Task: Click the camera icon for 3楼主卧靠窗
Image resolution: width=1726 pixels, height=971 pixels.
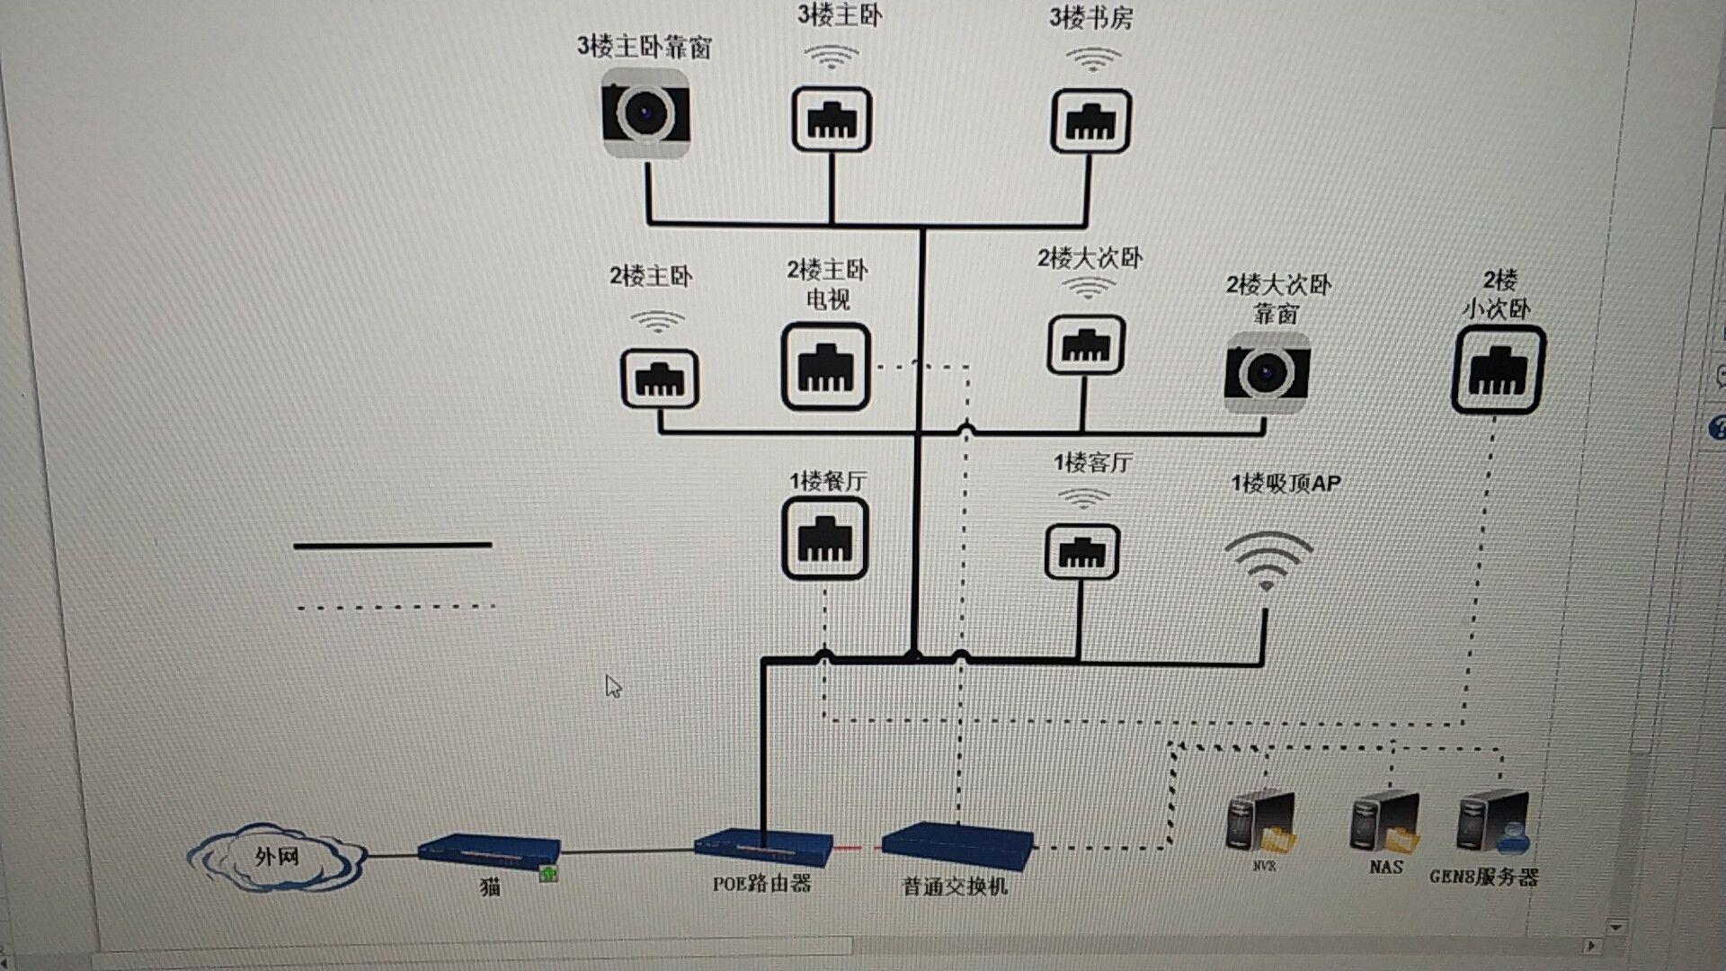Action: tap(645, 113)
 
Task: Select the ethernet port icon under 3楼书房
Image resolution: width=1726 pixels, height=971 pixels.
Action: tap(1090, 120)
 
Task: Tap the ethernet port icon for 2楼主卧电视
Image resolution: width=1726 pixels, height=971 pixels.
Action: tap(825, 367)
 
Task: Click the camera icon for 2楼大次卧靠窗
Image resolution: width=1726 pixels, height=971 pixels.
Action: tap(1266, 370)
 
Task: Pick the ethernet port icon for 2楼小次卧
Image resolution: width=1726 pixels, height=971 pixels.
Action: tap(1498, 370)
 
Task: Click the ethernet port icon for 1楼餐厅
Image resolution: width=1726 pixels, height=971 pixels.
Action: tap(824, 539)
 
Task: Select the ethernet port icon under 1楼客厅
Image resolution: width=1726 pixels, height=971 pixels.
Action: tap(1081, 552)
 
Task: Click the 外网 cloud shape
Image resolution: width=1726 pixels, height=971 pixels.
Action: tap(276, 857)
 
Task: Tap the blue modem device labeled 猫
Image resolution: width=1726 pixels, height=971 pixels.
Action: tap(489, 851)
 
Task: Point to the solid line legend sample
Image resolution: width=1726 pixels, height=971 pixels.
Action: tap(392, 545)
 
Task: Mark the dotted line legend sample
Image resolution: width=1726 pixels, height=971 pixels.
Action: tap(396, 607)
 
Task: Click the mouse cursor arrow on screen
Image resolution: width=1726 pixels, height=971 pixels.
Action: tap(613, 687)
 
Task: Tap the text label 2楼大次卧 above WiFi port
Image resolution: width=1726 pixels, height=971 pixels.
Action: tap(1090, 259)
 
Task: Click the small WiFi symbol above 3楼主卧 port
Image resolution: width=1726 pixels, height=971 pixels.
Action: tap(832, 58)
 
